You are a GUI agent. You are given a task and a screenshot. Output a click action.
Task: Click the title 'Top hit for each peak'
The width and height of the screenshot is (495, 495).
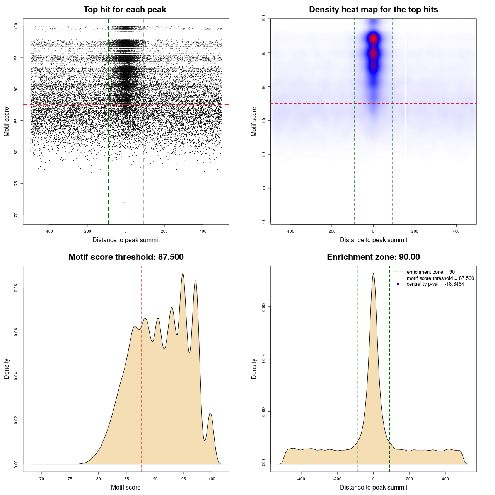click(x=125, y=10)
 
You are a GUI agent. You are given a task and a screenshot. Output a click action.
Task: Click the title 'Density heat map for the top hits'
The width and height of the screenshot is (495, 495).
click(x=373, y=10)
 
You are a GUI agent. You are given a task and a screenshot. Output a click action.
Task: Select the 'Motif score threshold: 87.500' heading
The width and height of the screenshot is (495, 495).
click(x=126, y=257)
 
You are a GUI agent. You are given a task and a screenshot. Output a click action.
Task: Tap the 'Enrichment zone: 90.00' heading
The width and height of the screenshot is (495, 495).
click(x=373, y=257)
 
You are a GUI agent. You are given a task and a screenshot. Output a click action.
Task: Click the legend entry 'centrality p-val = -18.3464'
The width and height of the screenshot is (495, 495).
click(x=435, y=284)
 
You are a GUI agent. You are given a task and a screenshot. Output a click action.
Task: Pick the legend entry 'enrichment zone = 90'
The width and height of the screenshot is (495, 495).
click(x=430, y=272)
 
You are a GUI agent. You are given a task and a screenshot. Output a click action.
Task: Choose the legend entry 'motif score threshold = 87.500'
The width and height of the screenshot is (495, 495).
click(x=440, y=278)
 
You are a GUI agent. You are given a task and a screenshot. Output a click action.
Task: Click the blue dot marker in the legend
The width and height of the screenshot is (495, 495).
click(x=398, y=284)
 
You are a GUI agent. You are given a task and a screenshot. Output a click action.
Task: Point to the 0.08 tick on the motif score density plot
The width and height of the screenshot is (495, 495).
click(x=16, y=288)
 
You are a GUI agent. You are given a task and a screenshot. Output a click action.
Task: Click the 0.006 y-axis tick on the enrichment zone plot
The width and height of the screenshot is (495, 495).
click(x=263, y=307)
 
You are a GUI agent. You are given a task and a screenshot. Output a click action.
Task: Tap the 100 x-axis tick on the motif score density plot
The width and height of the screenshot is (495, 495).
click(x=212, y=479)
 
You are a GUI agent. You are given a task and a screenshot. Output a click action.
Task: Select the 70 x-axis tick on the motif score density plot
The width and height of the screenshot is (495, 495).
click(x=42, y=479)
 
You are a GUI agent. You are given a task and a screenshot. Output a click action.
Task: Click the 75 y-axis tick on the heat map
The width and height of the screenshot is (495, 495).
click(x=263, y=188)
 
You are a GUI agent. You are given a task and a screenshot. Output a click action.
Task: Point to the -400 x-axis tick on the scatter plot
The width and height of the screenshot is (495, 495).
click(x=49, y=231)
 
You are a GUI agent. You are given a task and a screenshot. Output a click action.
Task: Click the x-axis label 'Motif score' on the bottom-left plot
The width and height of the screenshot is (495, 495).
click(x=126, y=487)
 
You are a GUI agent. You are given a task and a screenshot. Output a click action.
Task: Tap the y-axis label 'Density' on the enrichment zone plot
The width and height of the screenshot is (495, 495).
click(x=254, y=369)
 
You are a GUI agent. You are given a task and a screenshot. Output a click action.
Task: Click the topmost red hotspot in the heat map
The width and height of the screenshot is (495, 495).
click(x=373, y=39)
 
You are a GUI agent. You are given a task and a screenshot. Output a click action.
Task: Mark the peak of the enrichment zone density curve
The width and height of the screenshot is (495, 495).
click(x=373, y=274)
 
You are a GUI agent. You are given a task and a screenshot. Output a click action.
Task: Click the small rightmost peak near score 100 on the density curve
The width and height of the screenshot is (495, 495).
click(x=210, y=413)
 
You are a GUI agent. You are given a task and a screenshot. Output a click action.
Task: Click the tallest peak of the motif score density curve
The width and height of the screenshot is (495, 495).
click(x=183, y=274)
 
